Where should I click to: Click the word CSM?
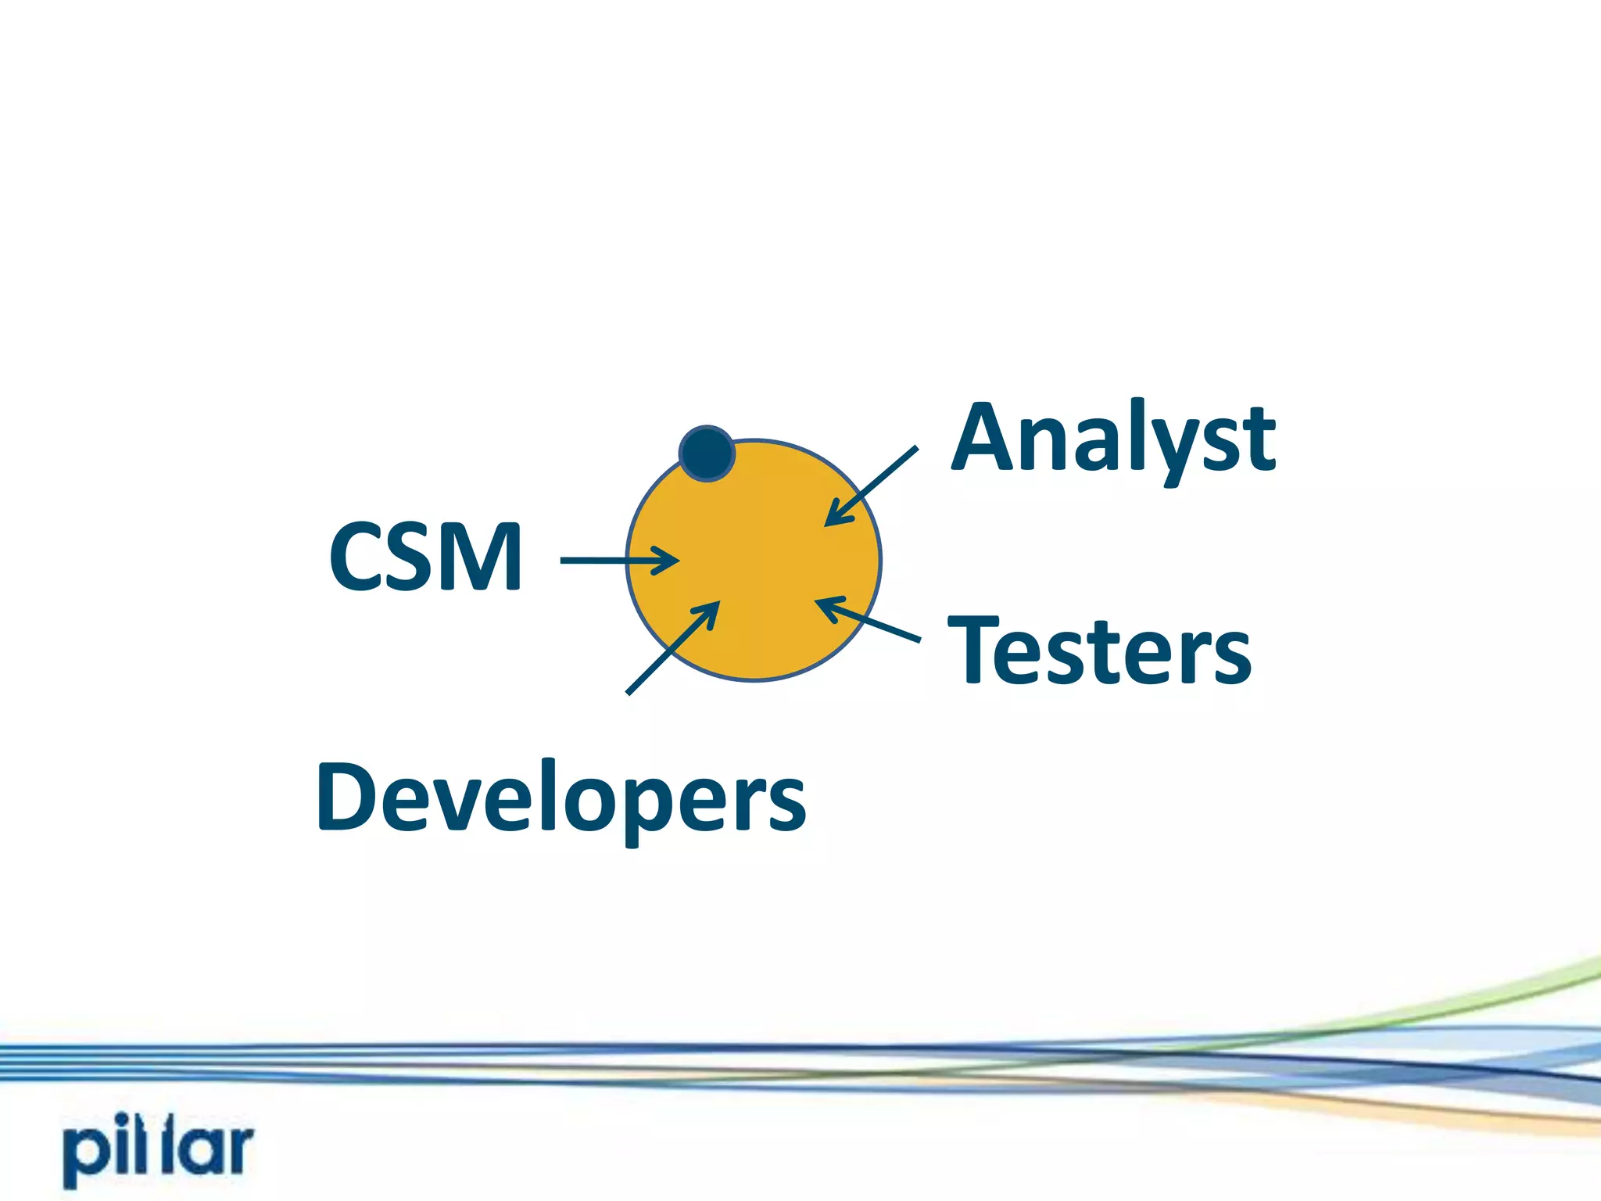click(426, 557)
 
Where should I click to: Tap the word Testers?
click(1099, 650)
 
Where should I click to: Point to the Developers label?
click(561, 798)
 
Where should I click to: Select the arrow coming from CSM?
click(618, 560)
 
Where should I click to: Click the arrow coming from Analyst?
click(872, 486)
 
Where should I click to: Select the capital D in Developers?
click(348, 796)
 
